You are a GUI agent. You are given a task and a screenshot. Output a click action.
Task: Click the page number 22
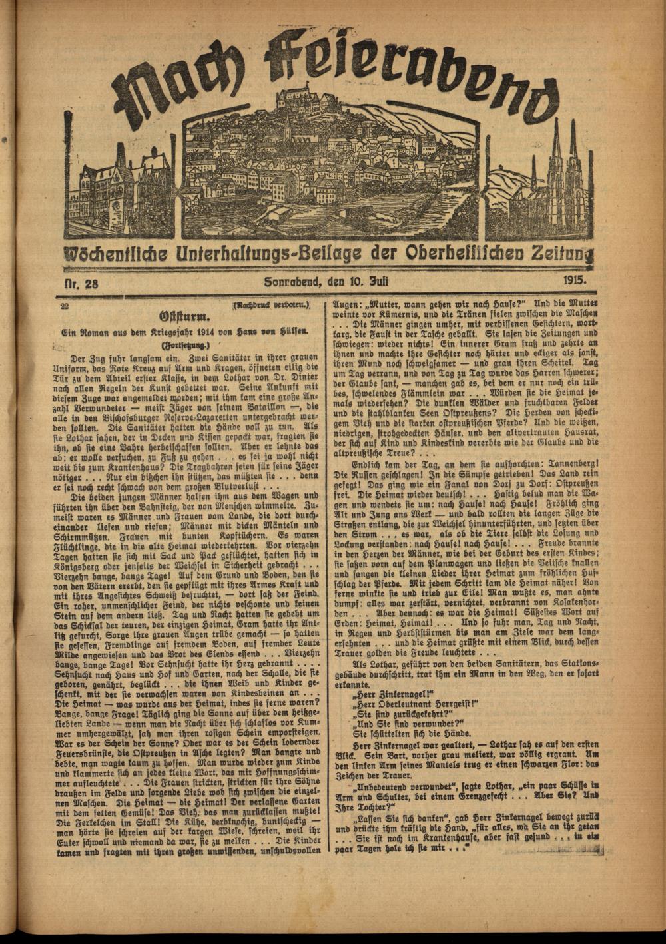tap(65, 306)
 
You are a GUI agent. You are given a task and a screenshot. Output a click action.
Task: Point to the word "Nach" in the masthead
tap(176, 90)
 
